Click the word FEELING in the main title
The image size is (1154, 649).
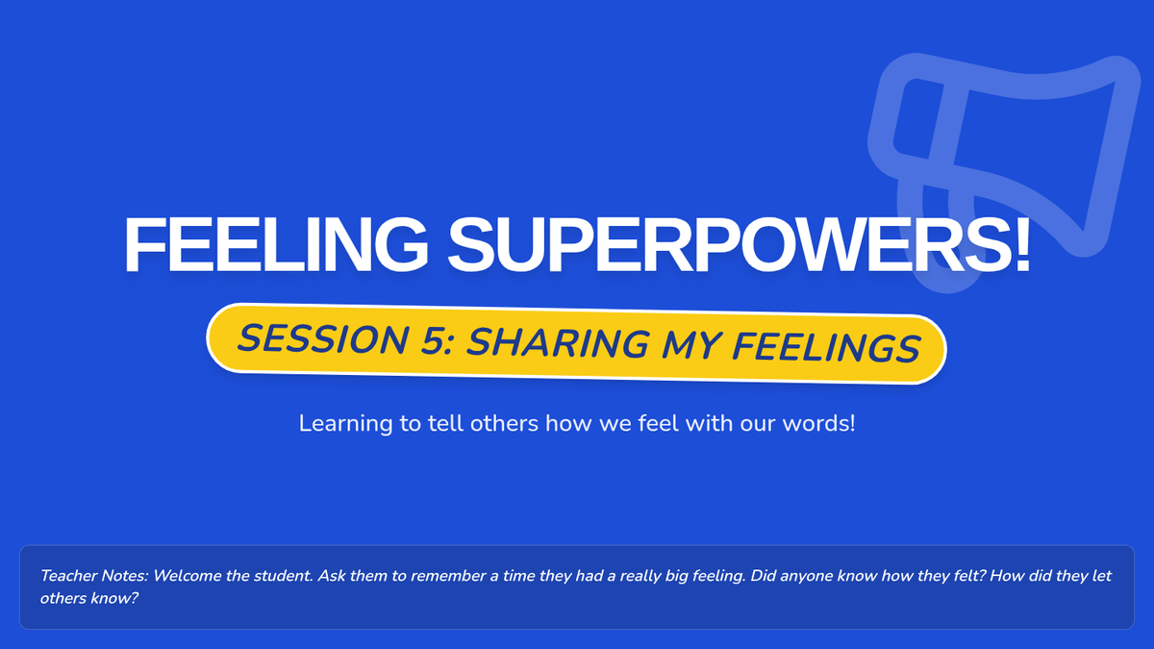point(276,243)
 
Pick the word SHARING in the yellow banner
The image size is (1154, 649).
point(558,343)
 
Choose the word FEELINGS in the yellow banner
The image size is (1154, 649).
point(826,348)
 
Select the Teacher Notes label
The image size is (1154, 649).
point(94,575)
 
